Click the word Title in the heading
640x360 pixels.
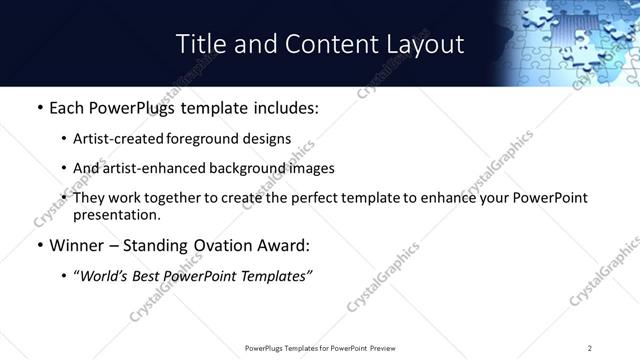pyautogui.click(x=200, y=44)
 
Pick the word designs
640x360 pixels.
pyautogui.click(x=266, y=139)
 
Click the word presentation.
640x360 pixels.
pyautogui.click(x=115, y=214)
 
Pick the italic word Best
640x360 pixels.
pyautogui.click(x=150, y=276)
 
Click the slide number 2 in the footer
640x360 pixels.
pyautogui.click(x=589, y=347)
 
